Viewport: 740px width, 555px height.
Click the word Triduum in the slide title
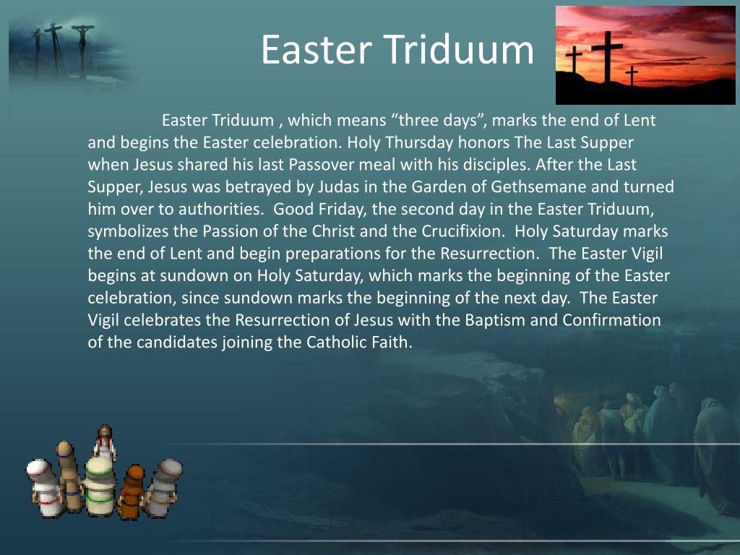point(459,51)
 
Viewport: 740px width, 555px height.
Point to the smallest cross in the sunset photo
point(632,74)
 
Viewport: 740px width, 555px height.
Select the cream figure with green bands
point(100,484)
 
